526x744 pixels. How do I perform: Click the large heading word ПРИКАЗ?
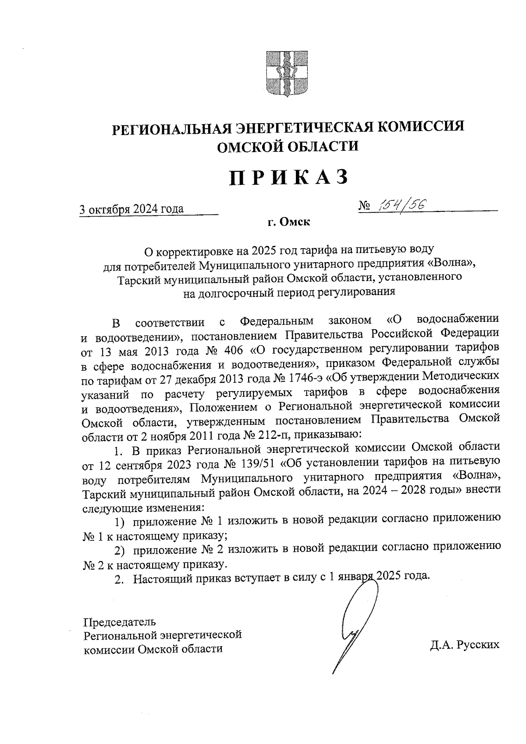289,178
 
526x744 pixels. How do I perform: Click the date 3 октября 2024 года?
131,209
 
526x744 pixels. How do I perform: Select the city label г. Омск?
289,223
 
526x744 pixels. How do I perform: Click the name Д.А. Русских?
465,644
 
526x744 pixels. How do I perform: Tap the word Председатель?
119,622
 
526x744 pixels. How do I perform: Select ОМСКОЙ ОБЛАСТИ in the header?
288,146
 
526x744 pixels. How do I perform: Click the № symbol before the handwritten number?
365,205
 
